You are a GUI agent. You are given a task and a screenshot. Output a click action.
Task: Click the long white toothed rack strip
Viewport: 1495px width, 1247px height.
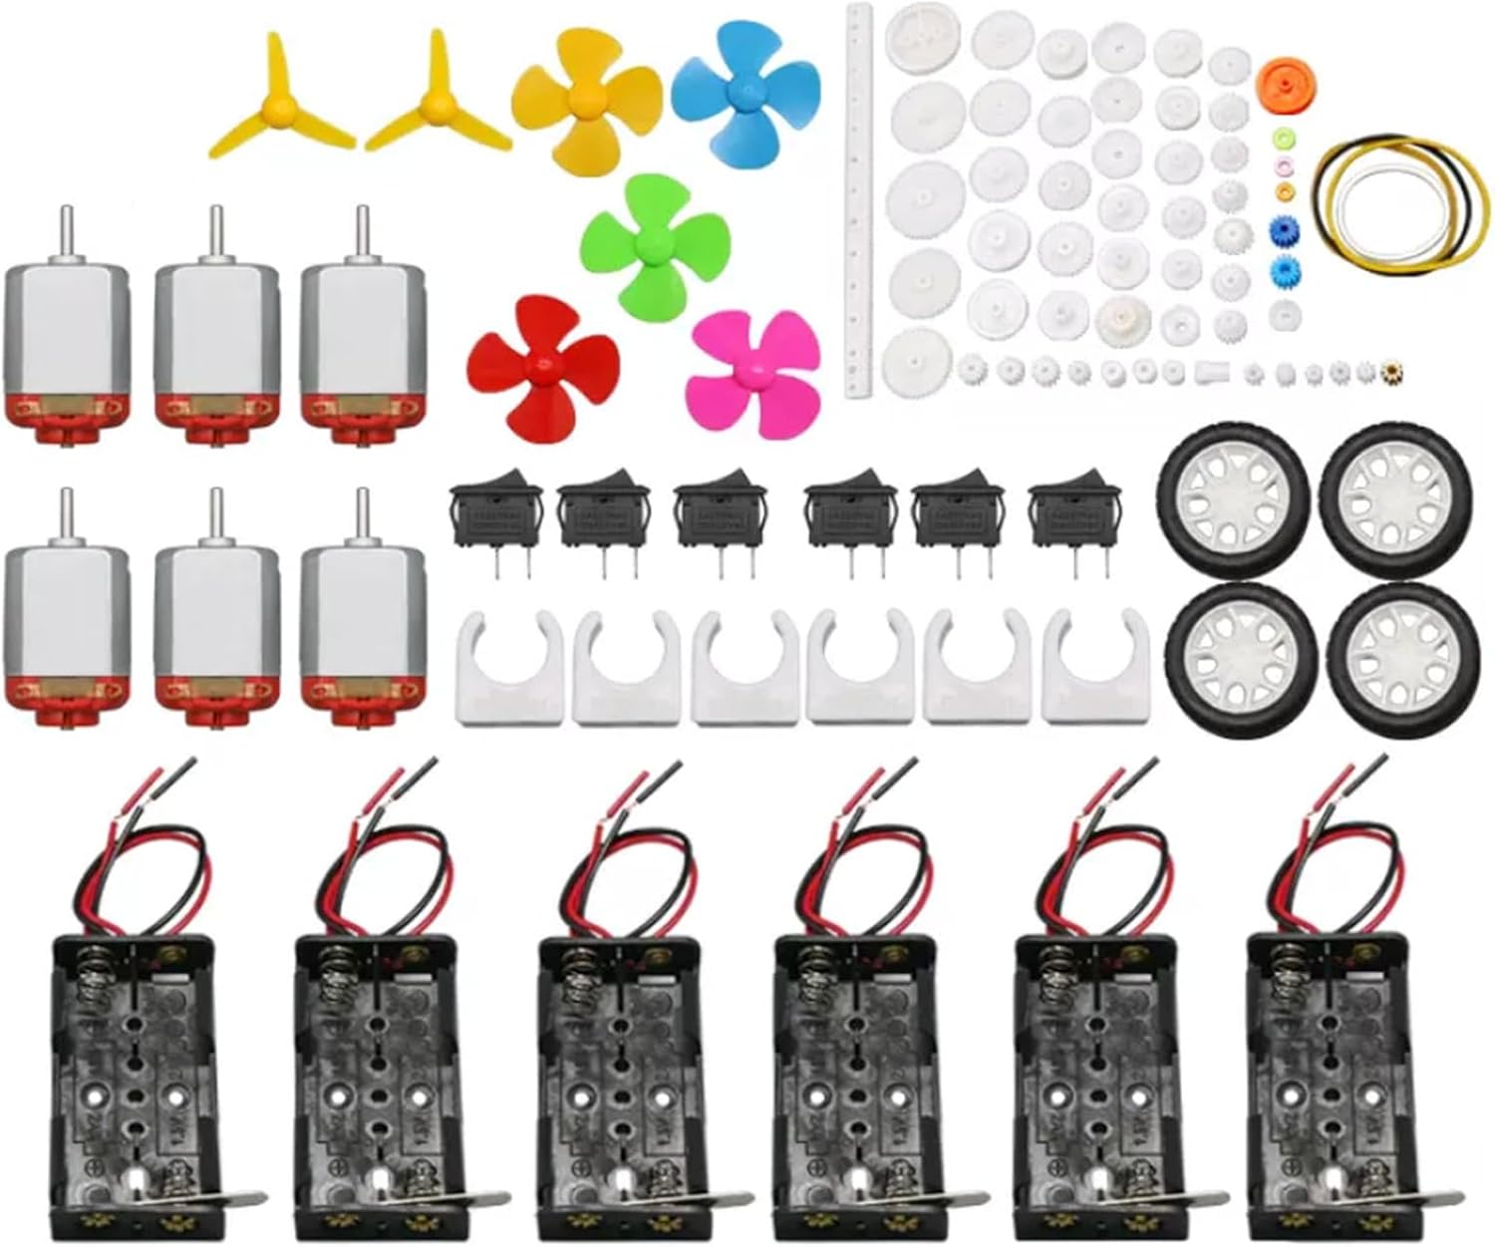coord(860,199)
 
